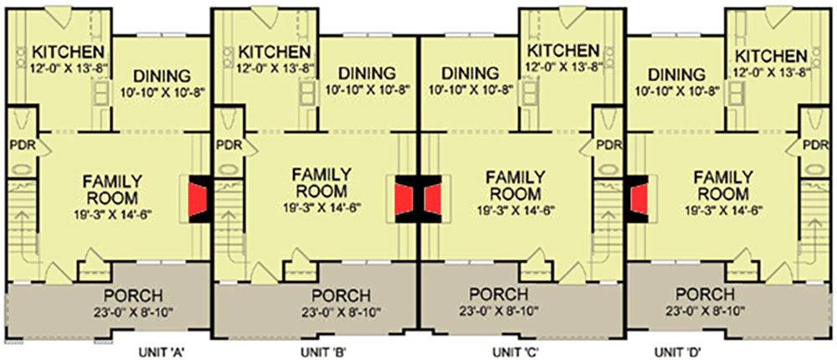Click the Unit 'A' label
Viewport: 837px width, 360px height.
tap(165, 351)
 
